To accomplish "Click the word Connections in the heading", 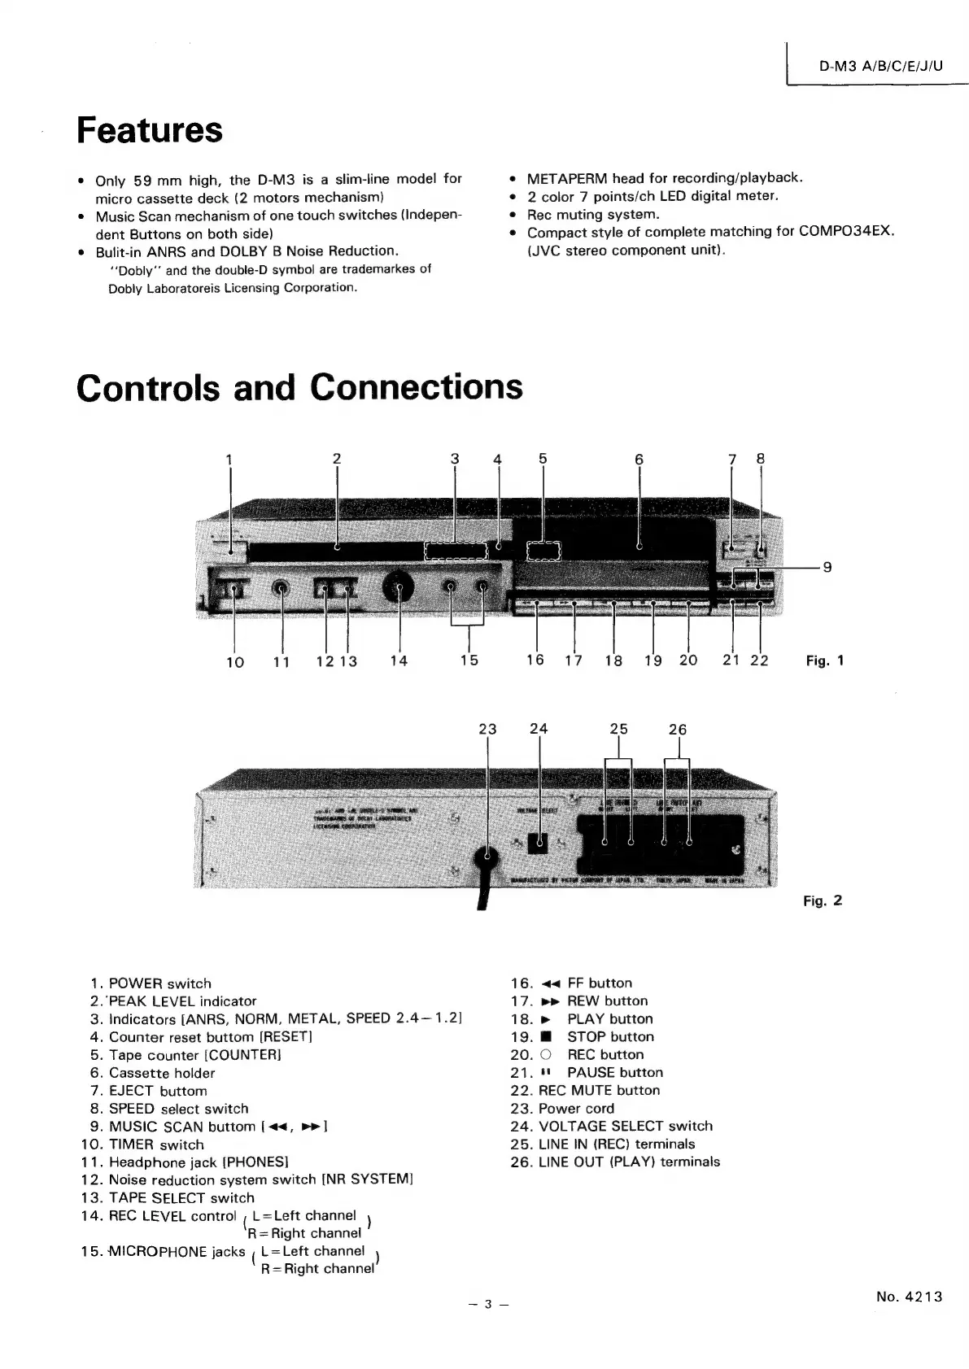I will pyautogui.click(x=417, y=386).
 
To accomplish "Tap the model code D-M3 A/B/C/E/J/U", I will pyautogui.click(x=880, y=67).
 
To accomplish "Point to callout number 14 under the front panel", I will pyautogui.click(x=399, y=661).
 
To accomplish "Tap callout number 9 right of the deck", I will pyautogui.click(x=827, y=567).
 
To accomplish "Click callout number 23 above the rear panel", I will pyautogui.click(x=487, y=730).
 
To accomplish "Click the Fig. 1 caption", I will pyautogui.click(x=824, y=661).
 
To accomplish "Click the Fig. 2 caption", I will pyautogui.click(x=823, y=900).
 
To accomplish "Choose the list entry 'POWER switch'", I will pyautogui.click(x=159, y=983).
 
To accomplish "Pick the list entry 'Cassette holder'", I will pyautogui.click(x=162, y=1073).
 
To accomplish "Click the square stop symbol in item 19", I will pyautogui.click(x=546, y=1037).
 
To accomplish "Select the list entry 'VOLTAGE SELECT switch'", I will pyautogui.click(x=625, y=1127).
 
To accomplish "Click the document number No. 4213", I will pyautogui.click(x=909, y=1297).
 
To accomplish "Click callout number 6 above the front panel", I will pyautogui.click(x=639, y=460).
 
